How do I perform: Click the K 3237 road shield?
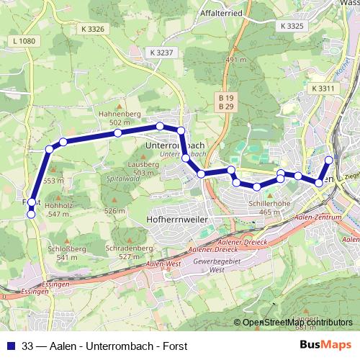pos(163,53)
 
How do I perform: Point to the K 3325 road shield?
pos(290,25)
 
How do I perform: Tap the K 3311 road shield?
pos(324,88)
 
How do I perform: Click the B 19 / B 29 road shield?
pos(226,102)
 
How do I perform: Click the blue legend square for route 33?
pos(10,346)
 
